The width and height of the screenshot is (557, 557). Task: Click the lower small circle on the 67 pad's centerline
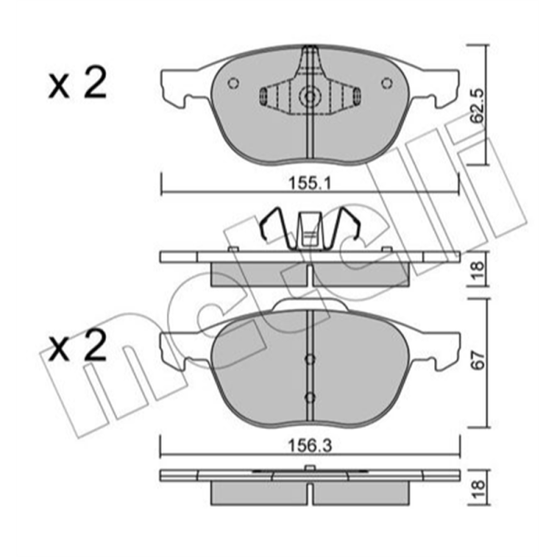309,398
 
